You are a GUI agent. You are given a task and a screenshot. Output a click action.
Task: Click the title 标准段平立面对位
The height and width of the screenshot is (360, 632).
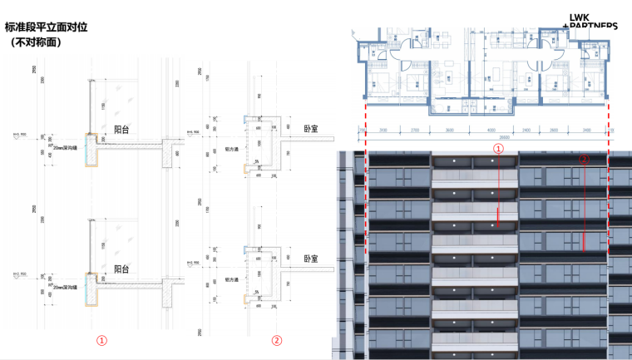coord(46,27)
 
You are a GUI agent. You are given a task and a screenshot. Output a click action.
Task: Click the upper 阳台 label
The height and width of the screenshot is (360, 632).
coord(121,130)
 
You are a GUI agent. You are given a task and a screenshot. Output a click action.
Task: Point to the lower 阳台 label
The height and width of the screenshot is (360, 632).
coord(121,269)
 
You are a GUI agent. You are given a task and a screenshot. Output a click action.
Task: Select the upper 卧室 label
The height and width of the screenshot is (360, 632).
coord(312,130)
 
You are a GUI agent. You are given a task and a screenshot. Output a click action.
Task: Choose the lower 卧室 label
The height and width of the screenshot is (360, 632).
coord(312,259)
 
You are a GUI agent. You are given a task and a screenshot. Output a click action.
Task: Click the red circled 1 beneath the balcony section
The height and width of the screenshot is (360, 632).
coord(101,340)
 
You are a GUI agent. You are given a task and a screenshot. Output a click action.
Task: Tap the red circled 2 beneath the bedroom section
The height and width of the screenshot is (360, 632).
coord(277,340)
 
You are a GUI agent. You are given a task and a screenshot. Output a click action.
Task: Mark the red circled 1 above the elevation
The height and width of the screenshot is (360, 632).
coord(499,148)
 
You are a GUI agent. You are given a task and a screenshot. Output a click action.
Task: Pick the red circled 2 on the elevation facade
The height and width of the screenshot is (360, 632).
coord(583,157)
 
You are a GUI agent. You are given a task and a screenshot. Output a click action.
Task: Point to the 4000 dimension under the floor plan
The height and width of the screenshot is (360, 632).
coord(491,131)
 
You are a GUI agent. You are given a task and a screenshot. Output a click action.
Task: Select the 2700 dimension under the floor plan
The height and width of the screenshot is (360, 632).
coord(415,131)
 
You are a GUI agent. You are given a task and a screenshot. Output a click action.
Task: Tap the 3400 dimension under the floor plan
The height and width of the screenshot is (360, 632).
coord(587,131)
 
